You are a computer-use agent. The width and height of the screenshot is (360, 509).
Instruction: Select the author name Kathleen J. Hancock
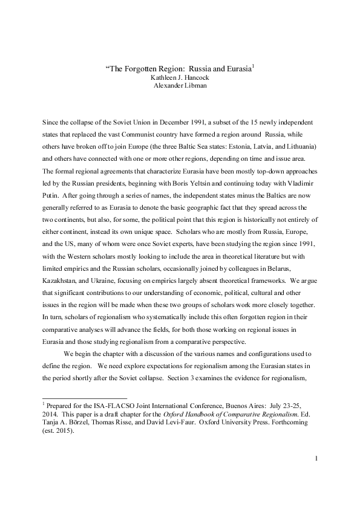(x=180, y=77)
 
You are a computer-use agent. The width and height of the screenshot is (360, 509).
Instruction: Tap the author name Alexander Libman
(x=180, y=85)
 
